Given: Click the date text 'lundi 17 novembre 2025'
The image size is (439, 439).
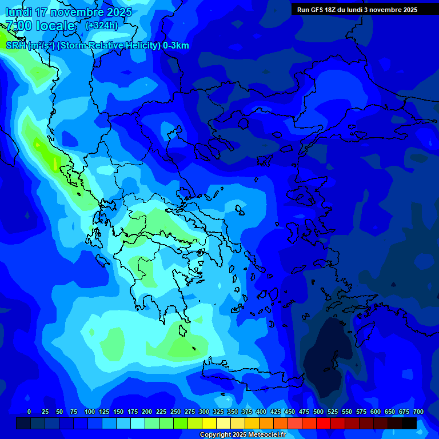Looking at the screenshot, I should tap(69, 12).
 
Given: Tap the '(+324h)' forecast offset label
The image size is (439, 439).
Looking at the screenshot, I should tap(101, 26).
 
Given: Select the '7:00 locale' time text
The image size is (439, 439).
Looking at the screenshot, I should tap(40, 26).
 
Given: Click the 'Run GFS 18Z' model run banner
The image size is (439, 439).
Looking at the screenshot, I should tap(357, 10).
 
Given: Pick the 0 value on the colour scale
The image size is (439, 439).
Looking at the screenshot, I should tap(29, 412).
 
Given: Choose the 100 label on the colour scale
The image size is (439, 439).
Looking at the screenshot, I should tap(90, 412).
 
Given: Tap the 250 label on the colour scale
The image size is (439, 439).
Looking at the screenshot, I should tap(175, 412).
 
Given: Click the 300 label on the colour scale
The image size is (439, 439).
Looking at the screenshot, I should tap(204, 412).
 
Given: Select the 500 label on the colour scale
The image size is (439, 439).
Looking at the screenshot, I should tap(318, 412).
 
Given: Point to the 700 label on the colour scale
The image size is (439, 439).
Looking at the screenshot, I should tap(418, 412).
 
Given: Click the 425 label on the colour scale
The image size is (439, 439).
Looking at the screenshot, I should tap(276, 412).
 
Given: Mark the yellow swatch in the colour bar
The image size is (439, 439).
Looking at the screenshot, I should tap(209, 424).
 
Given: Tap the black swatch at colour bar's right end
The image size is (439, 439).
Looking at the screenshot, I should tap(409, 424).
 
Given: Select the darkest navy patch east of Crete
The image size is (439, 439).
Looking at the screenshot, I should tap(326, 354).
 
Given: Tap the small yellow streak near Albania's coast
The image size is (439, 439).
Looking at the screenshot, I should tap(55, 164).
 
